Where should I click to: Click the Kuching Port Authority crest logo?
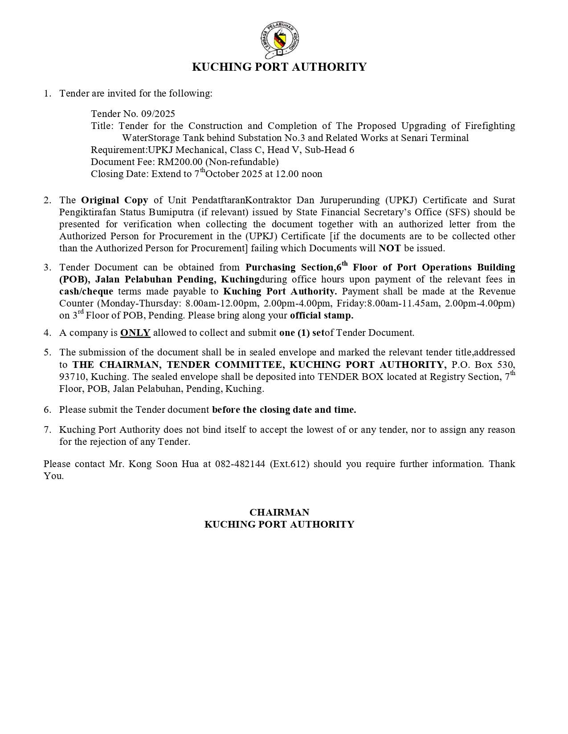point(279,41)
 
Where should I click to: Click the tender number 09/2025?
point(158,114)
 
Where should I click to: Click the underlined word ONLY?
point(135,333)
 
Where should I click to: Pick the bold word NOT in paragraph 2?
point(389,248)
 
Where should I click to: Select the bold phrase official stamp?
point(321,316)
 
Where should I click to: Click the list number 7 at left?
point(47,430)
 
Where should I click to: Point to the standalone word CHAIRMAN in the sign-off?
point(279,512)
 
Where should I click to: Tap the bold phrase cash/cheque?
point(86,292)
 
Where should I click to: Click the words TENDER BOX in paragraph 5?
point(350,377)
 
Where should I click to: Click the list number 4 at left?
point(47,333)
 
